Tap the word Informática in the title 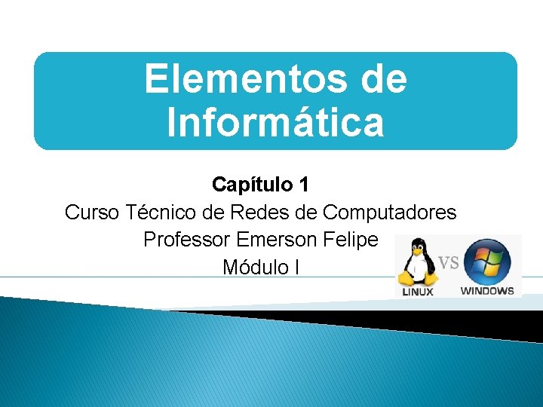tap(275, 123)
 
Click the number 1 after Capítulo tap(304, 185)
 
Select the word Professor tap(186, 240)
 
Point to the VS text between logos tap(449, 262)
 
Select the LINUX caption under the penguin tap(416, 292)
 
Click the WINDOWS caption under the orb tap(487, 291)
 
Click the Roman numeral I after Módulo tap(297, 267)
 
